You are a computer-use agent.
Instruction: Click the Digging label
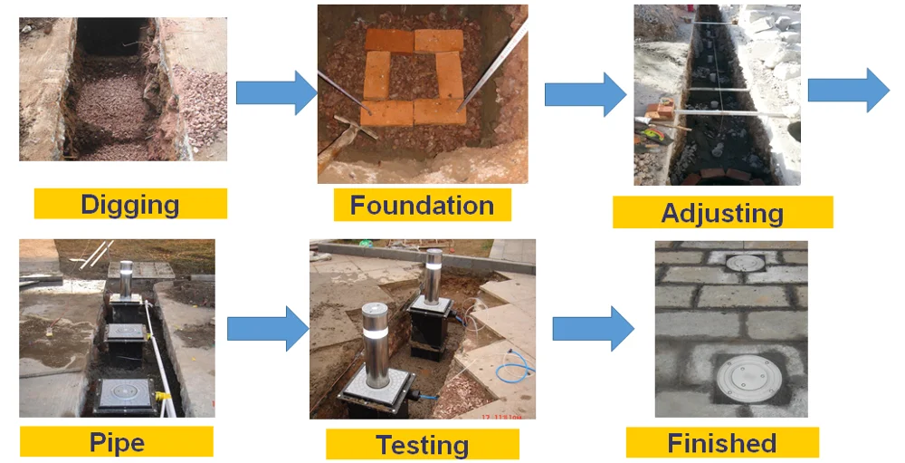(x=130, y=204)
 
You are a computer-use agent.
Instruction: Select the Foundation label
(x=422, y=206)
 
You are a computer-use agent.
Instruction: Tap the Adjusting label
(x=722, y=213)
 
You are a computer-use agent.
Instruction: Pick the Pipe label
(x=117, y=442)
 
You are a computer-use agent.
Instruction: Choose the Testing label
(x=422, y=445)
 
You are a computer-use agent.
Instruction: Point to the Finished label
(x=721, y=443)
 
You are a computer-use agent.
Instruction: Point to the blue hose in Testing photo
(x=516, y=366)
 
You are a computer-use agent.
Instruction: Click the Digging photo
(x=123, y=89)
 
